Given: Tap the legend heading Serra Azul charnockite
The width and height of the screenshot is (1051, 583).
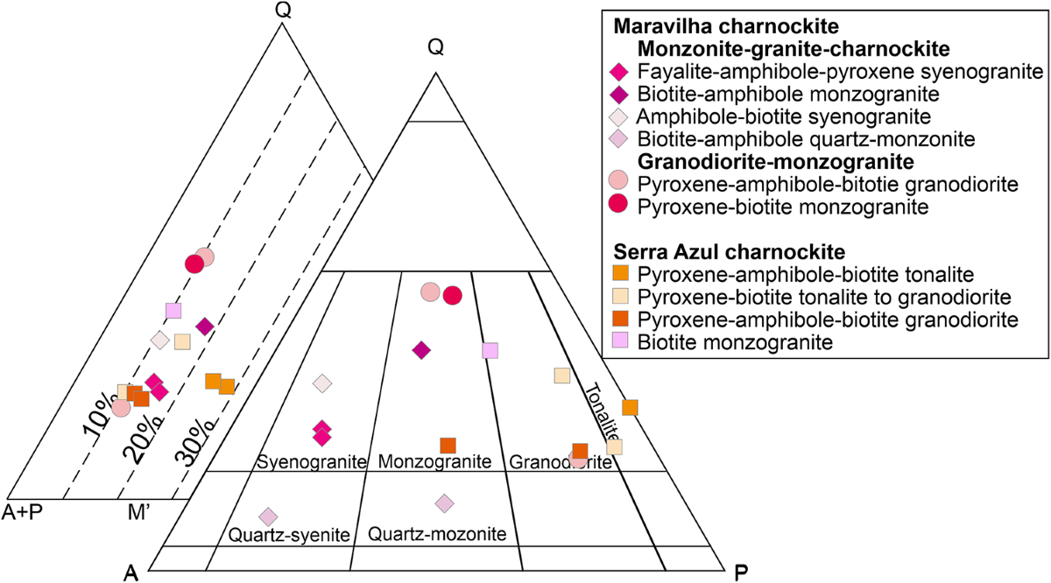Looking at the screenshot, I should coord(733,250).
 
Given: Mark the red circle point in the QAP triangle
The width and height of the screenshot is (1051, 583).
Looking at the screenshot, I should coord(452,295).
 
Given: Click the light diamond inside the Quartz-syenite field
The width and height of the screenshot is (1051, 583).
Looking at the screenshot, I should coord(268,516).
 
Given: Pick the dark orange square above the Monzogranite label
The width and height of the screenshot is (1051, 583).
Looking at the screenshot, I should coord(448,446).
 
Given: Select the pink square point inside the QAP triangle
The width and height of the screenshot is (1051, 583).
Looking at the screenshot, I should coord(490,350).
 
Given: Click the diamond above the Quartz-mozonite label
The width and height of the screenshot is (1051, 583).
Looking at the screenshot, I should coord(445,502).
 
